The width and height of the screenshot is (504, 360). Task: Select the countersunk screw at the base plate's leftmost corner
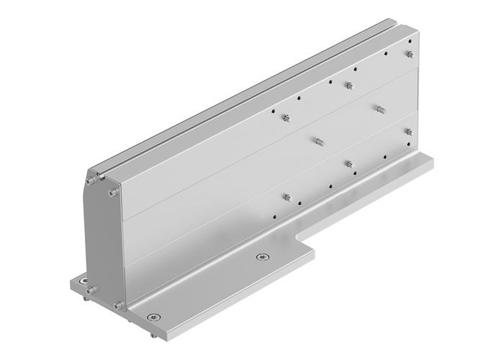85,280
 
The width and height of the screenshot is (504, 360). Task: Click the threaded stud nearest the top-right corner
408,54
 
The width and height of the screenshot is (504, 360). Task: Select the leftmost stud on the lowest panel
287,197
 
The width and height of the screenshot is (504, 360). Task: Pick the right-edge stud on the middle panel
408,131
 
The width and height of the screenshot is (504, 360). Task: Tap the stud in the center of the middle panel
317,139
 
